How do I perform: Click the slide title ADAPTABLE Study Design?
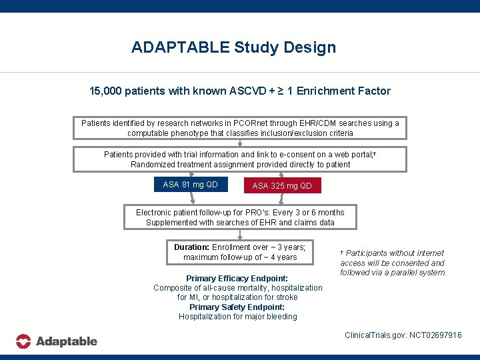tap(233, 47)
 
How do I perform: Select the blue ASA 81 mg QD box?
tap(190, 184)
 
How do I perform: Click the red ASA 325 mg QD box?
tap(281, 186)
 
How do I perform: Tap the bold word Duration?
tap(192, 247)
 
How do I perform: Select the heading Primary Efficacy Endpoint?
tap(237, 279)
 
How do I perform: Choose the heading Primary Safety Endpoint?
tap(237, 307)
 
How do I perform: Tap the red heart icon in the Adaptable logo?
tap(23, 341)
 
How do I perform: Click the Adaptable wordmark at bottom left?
tap(66, 341)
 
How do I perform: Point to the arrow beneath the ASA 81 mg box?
tap(191, 198)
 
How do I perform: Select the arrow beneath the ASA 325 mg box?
tap(280, 199)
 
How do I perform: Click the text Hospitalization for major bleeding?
tap(237, 317)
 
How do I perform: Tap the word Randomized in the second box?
tap(153, 165)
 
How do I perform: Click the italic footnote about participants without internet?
tap(393, 263)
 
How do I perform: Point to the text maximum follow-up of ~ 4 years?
tap(240, 257)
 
